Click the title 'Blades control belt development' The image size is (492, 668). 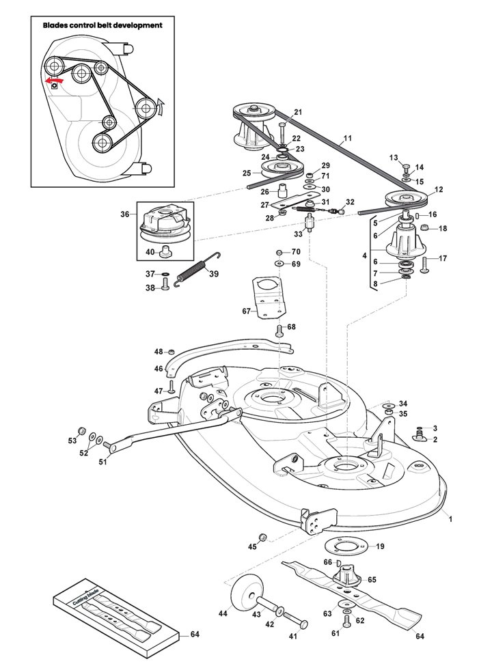tap(102, 25)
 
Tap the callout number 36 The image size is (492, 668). tap(124, 214)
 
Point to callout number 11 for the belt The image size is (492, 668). tap(347, 138)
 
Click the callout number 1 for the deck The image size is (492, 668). tap(450, 519)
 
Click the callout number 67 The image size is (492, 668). tap(246, 311)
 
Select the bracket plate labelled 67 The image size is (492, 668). tap(269, 296)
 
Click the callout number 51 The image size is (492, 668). tap(102, 461)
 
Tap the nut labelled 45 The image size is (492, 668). tap(263, 537)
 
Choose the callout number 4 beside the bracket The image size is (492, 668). tap(364, 256)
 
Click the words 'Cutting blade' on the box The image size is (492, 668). tap(85, 597)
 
